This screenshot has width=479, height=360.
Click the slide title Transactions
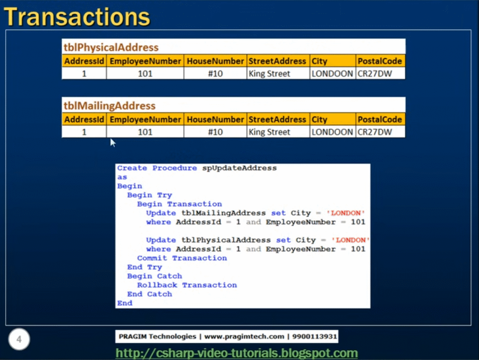(x=77, y=17)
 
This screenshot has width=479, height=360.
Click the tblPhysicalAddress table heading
(x=111, y=47)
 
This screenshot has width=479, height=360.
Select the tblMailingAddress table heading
(x=109, y=106)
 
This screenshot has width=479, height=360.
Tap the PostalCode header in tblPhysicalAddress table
(x=380, y=61)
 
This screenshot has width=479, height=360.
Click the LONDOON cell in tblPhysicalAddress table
(x=332, y=73)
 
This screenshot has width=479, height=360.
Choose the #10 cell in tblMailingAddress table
(x=215, y=132)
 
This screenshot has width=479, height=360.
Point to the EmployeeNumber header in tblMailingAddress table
(x=145, y=119)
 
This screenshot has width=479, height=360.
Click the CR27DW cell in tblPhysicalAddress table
(x=375, y=73)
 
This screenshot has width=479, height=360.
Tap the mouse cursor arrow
(x=112, y=142)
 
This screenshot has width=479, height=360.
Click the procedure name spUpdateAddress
(x=239, y=168)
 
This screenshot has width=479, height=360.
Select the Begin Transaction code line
(x=179, y=204)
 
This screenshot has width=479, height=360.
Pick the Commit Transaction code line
(x=182, y=258)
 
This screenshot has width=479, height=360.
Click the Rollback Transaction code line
(x=187, y=285)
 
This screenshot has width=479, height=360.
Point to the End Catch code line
(x=150, y=294)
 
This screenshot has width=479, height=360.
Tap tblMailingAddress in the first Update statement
(x=224, y=213)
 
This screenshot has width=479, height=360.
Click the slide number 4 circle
(x=19, y=339)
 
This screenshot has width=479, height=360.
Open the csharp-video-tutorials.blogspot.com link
(x=237, y=353)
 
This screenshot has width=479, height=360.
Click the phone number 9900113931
(x=314, y=337)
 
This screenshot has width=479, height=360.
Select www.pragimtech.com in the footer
(x=244, y=337)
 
